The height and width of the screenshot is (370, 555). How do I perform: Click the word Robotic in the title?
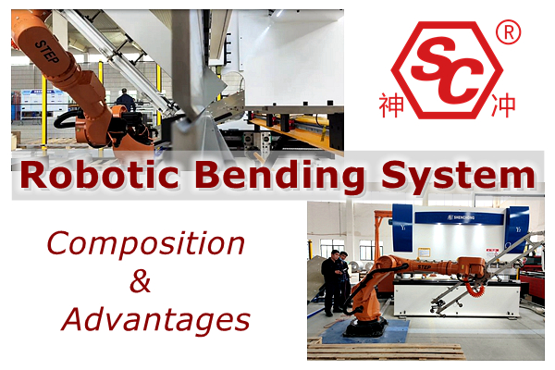[x=100, y=175]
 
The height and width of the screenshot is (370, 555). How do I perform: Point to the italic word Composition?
[x=146, y=244]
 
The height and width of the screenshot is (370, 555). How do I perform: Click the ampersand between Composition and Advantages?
[x=141, y=281]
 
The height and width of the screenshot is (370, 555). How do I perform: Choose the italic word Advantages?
[x=156, y=320]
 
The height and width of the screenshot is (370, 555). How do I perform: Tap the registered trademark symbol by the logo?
[x=508, y=32]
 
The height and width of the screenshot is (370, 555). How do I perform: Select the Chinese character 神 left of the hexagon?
[x=391, y=105]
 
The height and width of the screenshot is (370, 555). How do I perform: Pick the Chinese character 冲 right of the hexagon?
[x=503, y=105]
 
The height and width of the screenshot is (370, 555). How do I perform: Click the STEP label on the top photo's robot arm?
[x=47, y=52]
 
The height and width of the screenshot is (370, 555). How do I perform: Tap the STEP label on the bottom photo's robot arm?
[x=424, y=266]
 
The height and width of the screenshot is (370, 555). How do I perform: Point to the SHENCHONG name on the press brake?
[x=461, y=217]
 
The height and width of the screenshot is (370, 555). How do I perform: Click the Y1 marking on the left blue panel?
[x=402, y=228]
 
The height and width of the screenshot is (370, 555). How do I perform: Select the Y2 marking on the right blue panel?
[x=518, y=229]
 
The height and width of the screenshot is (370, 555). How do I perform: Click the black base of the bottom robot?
[x=365, y=327]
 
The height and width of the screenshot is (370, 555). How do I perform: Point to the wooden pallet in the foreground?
[x=386, y=351]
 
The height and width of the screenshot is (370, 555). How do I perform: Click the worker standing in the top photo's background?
[x=125, y=100]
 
